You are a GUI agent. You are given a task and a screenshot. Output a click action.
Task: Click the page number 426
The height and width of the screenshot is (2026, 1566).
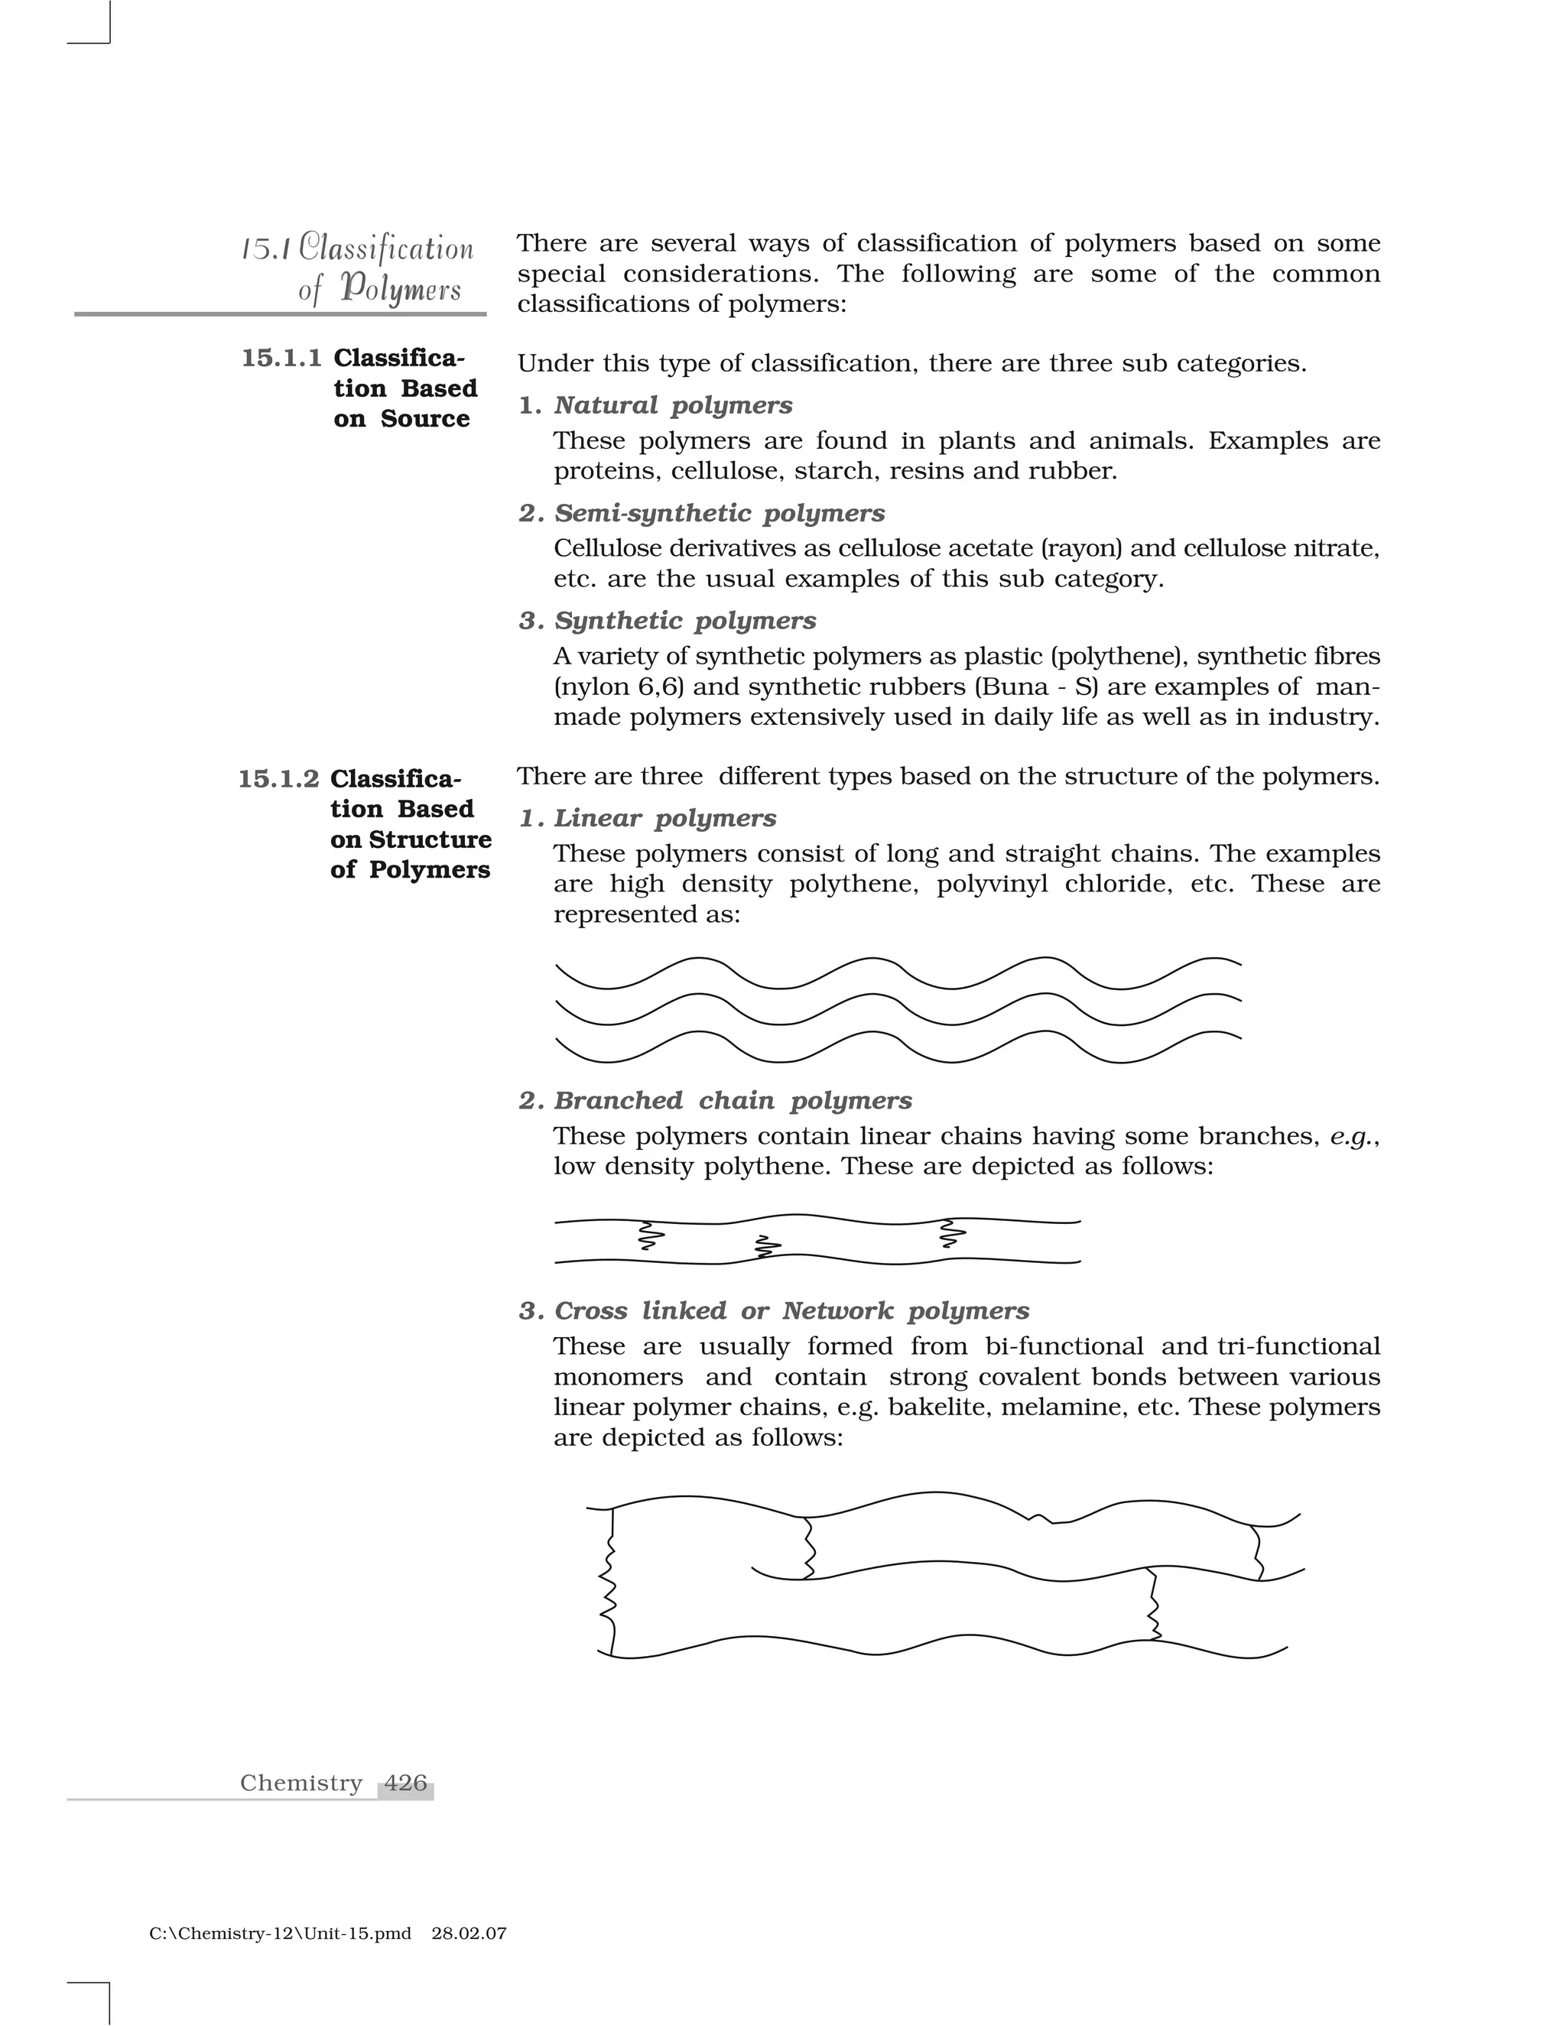(405, 1782)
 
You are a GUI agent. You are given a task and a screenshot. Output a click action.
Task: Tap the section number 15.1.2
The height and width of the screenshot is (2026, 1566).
(278, 778)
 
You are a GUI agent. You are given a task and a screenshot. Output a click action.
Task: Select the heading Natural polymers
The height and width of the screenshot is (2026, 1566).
(673, 405)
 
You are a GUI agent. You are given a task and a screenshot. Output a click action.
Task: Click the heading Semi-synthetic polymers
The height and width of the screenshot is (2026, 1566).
(719, 513)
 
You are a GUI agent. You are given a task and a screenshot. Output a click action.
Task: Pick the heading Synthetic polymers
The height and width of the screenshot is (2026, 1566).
(684, 621)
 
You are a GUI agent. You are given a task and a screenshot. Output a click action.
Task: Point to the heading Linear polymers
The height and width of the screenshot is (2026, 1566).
(664, 818)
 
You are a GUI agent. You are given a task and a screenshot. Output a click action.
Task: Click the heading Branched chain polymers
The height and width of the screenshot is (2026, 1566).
(732, 1100)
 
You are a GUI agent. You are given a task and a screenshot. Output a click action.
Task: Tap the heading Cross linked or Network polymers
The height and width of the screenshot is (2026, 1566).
(791, 1310)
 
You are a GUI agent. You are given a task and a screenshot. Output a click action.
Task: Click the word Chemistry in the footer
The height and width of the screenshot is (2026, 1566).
(301, 1782)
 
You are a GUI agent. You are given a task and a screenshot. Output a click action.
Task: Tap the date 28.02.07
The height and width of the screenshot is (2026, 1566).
(469, 1933)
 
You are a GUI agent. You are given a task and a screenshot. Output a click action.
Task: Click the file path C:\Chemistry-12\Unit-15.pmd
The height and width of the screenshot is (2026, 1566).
(279, 1933)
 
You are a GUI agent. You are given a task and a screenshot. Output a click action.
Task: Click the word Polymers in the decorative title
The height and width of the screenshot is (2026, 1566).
(400, 290)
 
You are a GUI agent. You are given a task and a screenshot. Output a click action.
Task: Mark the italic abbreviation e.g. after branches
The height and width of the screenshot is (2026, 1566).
(1353, 1136)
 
